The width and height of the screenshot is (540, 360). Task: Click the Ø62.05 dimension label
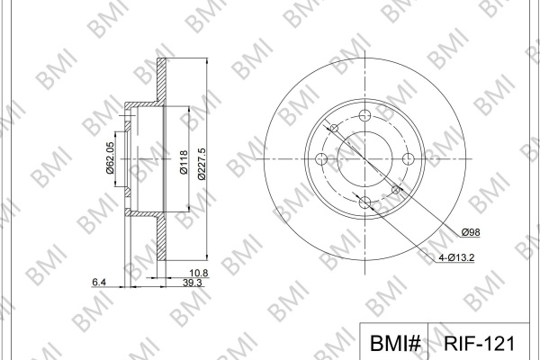[110, 158]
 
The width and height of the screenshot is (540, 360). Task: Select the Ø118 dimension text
[184, 162]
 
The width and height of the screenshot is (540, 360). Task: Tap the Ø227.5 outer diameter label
[202, 164]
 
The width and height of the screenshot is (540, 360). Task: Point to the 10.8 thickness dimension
[199, 273]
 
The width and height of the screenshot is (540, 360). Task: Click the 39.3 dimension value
[193, 283]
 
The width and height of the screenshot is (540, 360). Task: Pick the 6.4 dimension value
[99, 282]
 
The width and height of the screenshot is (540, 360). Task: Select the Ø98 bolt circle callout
[471, 232]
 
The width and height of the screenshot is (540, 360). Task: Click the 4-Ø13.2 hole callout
[456, 257]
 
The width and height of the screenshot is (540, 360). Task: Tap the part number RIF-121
[479, 344]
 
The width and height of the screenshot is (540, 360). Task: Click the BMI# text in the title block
[395, 344]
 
